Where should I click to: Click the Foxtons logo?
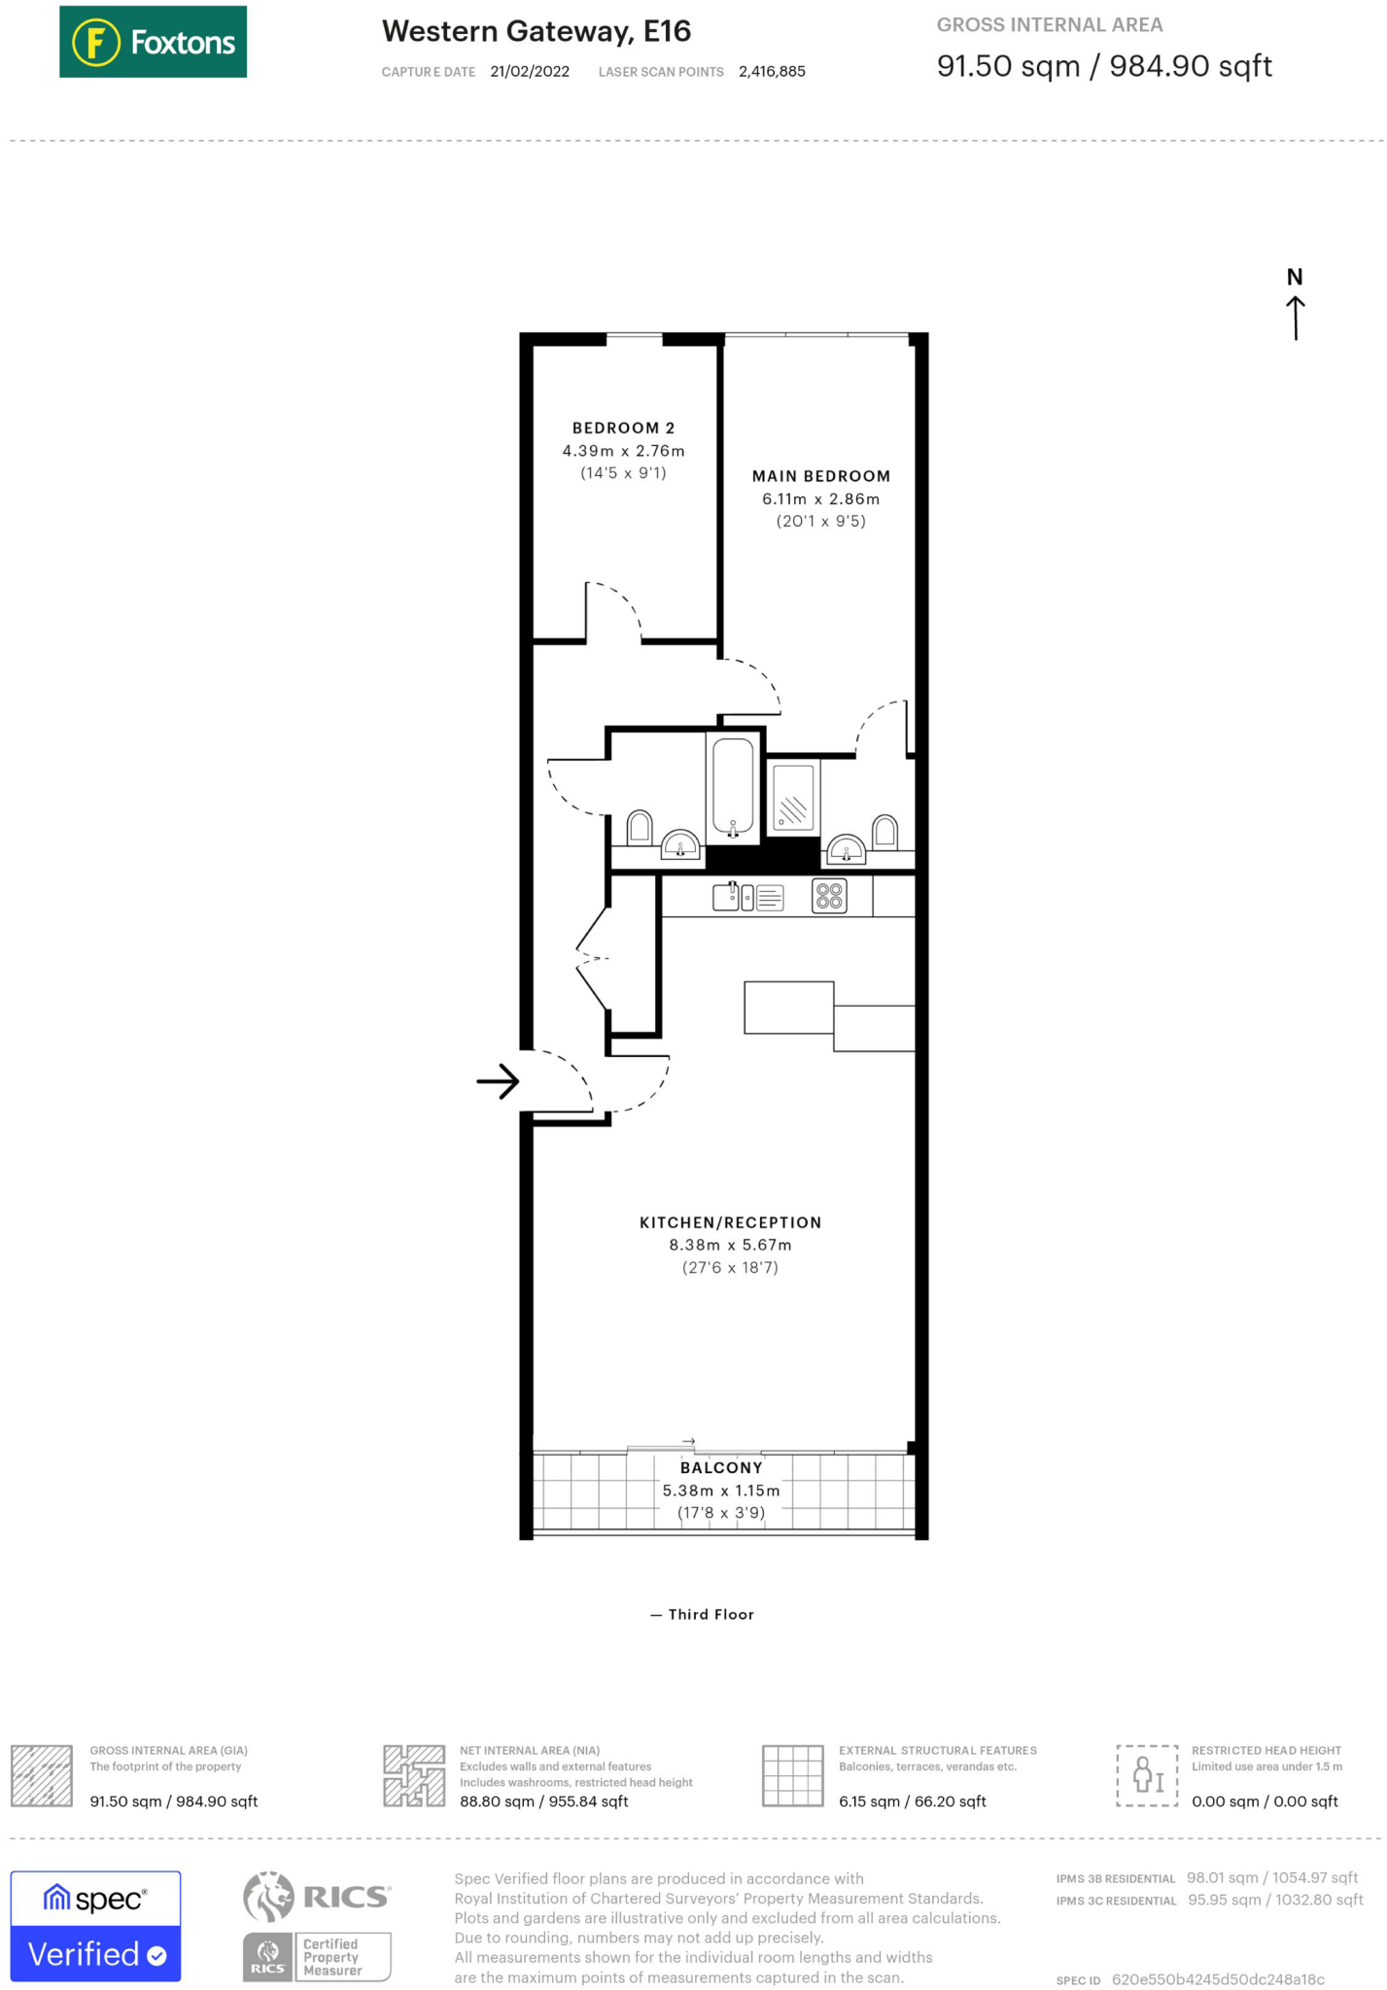[x=153, y=42]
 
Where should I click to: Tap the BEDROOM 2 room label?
[x=623, y=429]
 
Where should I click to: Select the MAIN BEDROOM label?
[x=820, y=476]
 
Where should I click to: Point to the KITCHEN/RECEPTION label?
[x=730, y=1222]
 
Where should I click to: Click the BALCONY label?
[x=721, y=1468]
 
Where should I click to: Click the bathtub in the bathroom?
[x=733, y=787]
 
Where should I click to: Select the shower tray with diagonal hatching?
[x=793, y=797]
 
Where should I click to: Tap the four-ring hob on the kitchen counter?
[x=829, y=896]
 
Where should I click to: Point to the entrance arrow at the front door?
[x=498, y=1081]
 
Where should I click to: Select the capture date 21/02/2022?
[x=530, y=72]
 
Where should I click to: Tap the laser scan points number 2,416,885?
[x=772, y=72]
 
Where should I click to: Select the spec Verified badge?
[x=95, y=1926]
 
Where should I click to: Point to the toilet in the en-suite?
[x=884, y=832]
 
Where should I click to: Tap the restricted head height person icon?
[x=1147, y=1775]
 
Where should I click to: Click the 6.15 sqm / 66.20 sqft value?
[x=912, y=1801]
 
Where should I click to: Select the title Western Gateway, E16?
[x=536, y=32]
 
